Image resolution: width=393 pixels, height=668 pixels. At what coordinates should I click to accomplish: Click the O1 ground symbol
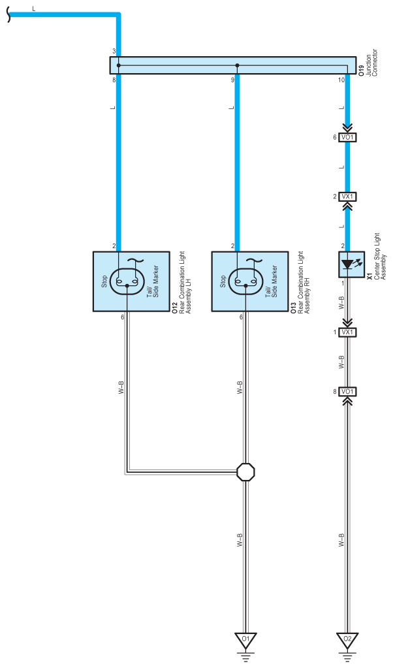245,638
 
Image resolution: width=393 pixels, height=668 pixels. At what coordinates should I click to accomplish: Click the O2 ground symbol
347,638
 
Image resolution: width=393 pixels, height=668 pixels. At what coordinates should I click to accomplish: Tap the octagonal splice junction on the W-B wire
245,472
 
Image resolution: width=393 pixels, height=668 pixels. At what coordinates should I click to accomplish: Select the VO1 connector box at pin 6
347,138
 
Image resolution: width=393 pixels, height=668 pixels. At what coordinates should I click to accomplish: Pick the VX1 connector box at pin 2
347,197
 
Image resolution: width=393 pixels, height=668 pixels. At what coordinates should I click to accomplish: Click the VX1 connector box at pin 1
347,332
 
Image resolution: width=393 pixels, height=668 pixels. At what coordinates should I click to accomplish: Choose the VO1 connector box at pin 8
347,392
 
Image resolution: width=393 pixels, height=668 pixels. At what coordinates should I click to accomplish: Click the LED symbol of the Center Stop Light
347,264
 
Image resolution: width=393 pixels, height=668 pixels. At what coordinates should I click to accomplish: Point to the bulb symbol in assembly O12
127,281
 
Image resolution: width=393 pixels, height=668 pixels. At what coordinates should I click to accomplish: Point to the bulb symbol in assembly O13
245,281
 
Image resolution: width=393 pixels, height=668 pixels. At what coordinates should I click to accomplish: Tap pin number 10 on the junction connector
341,80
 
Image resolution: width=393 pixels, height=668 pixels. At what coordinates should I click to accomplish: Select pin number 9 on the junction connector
232,80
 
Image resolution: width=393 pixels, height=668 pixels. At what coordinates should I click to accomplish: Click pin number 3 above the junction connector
114,51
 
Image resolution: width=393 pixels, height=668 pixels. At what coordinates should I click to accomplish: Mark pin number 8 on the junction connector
114,80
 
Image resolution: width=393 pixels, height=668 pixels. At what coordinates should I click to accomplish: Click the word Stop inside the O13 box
223,281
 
